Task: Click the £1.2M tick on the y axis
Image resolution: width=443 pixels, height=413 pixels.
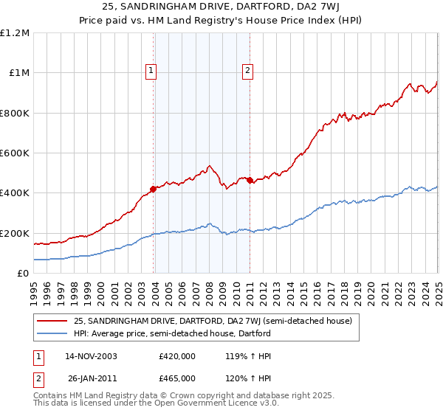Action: [15, 33]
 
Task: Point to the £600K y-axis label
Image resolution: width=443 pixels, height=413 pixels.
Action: [15, 153]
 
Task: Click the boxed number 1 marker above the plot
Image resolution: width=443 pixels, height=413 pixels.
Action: [151, 71]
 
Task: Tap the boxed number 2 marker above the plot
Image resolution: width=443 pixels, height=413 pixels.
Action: [247, 71]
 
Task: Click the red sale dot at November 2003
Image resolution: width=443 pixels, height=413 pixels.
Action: [154, 189]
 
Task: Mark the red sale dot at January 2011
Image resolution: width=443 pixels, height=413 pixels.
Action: [250, 180]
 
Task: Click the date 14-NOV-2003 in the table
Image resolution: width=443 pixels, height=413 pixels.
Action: [92, 356]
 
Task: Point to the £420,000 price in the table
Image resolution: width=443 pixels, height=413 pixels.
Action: [177, 356]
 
